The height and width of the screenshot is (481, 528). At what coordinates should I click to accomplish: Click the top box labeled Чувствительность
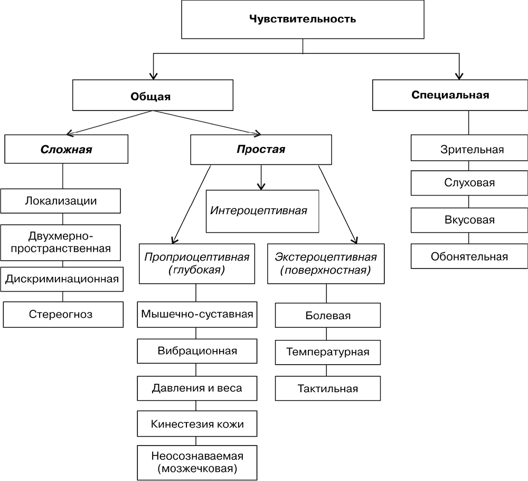[303, 20]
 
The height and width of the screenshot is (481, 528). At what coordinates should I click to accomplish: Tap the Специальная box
[450, 95]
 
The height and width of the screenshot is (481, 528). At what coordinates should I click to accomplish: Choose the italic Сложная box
[66, 150]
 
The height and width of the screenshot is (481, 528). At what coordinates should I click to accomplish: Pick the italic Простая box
[260, 150]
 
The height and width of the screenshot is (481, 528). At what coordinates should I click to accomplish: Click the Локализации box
[61, 201]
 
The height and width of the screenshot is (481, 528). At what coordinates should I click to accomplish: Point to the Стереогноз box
[63, 314]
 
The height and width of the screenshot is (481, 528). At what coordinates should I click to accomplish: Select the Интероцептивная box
[259, 211]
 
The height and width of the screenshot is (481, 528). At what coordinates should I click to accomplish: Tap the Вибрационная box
[197, 351]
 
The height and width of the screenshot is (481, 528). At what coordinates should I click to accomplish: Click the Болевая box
[328, 316]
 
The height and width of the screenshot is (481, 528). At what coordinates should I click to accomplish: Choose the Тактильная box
[328, 388]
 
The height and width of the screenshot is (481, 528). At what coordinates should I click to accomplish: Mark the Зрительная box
[468, 150]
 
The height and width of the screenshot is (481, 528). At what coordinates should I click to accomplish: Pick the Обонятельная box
[468, 257]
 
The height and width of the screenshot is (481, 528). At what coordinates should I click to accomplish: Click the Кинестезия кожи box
[197, 424]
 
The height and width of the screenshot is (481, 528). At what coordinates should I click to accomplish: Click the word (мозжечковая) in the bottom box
[197, 468]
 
